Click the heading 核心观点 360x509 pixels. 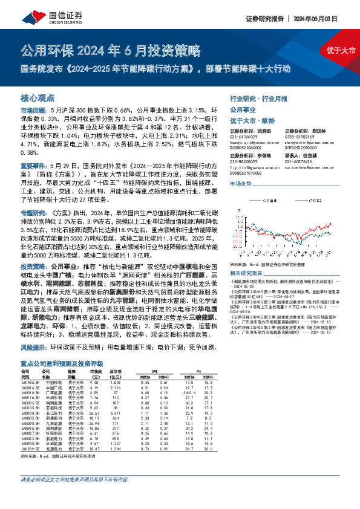coord(38,97)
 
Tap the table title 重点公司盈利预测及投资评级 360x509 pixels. coord(62,363)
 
